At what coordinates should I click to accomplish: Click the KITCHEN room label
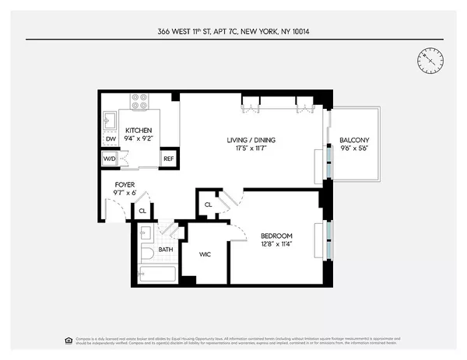139,130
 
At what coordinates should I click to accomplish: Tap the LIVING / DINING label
251,140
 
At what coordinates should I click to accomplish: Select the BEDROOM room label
276,236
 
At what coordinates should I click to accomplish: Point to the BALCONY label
354,140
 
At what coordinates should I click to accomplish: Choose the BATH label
166,250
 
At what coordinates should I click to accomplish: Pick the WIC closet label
205,254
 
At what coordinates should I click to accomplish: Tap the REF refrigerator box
169,158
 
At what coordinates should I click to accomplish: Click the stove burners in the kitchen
140,102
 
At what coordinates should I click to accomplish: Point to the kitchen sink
110,120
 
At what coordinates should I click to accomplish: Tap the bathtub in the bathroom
158,274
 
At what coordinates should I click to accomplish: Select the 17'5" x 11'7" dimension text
251,149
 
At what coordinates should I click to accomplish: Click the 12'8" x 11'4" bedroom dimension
276,245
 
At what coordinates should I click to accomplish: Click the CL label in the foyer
142,210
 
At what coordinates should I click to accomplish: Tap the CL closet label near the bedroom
208,204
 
